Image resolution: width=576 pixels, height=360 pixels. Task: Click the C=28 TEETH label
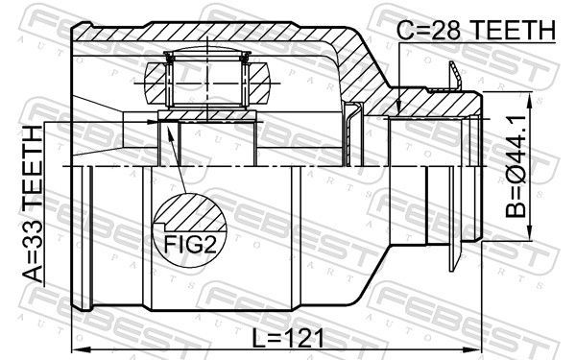476,30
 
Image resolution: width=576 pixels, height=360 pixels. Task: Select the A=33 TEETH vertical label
33,204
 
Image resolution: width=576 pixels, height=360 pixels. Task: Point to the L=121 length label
288,338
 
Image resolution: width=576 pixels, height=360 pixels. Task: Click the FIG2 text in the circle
190,244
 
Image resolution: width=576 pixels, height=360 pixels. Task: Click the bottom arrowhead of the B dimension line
529,231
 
